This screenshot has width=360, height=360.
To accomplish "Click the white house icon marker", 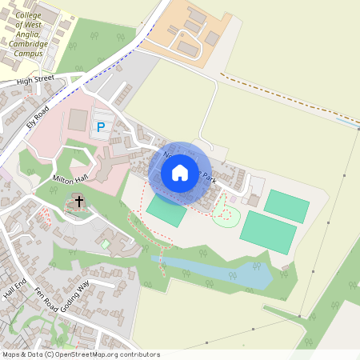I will click(179, 172).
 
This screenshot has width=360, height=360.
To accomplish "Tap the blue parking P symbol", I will click(101, 126).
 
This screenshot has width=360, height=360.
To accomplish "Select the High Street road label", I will click(34, 81).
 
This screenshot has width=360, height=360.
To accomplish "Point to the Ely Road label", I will click(38, 117).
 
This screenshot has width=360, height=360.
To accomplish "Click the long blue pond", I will click(216, 273).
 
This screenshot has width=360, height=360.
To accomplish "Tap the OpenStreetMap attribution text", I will click(80, 354).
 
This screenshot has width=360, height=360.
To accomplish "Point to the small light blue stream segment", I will click(346, 122).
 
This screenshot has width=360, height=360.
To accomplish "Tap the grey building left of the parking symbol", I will click(78, 120).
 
